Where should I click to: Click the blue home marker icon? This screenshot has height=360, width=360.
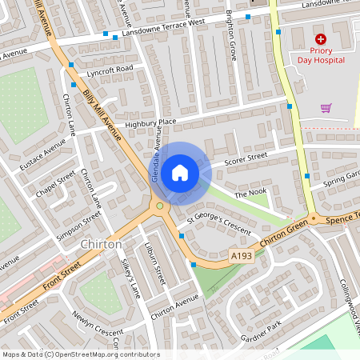coord(180,173)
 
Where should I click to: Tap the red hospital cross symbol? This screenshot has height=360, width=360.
coord(321,38)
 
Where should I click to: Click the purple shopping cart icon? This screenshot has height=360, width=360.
coord(326,107)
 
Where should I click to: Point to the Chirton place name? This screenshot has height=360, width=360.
coord(102,244)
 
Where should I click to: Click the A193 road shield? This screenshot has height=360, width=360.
coord(241,254)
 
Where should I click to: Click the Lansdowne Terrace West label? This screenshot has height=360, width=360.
coord(163,29)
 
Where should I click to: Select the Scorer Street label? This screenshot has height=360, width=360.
coord(245,160)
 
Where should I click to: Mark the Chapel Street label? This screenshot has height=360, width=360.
coord(55,183)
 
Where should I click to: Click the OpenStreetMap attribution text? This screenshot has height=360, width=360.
coord(80,354)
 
